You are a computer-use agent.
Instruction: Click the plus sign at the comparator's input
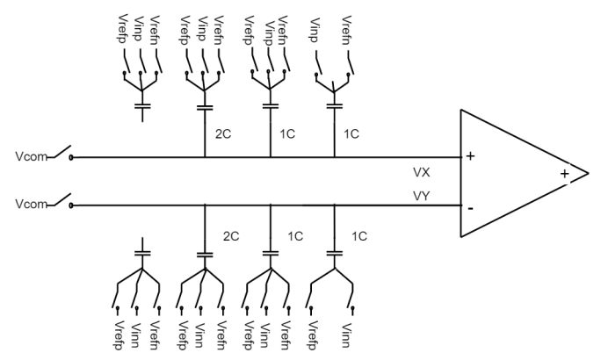click(x=471, y=156)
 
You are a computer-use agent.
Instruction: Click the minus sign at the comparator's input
click(x=471, y=209)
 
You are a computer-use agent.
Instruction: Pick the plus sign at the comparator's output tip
click(x=563, y=174)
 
